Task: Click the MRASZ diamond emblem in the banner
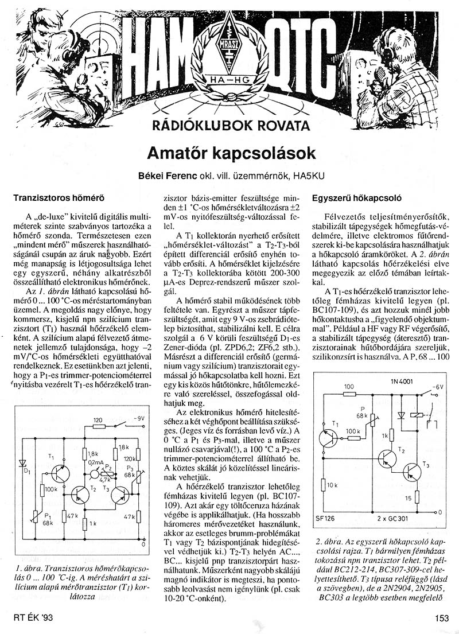pos(229,45)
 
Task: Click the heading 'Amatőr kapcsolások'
pos(229,153)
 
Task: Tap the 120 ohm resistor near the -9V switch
pos(98,426)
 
